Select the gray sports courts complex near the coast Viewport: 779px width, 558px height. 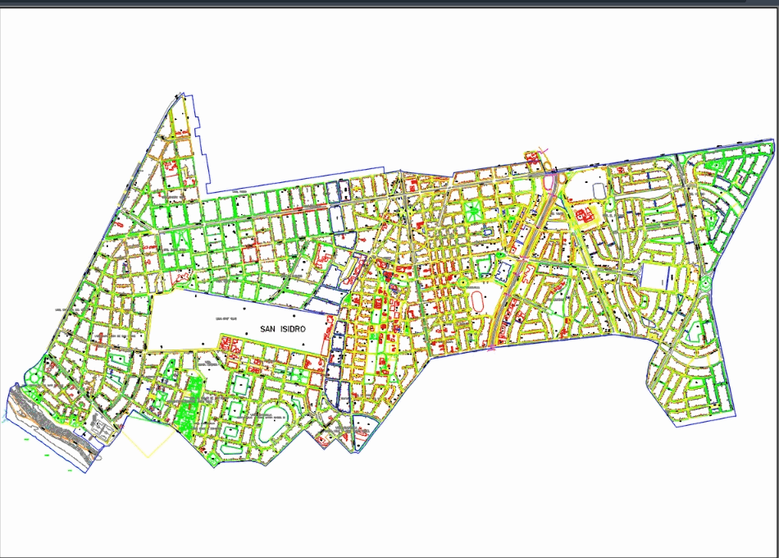[102, 428]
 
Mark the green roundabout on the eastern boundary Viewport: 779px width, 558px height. [705, 284]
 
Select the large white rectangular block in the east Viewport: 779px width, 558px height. [655, 277]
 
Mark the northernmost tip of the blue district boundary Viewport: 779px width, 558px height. [177, 95]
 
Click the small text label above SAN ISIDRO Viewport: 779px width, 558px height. [224, 318]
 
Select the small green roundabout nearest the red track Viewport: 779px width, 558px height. [462, 282]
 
